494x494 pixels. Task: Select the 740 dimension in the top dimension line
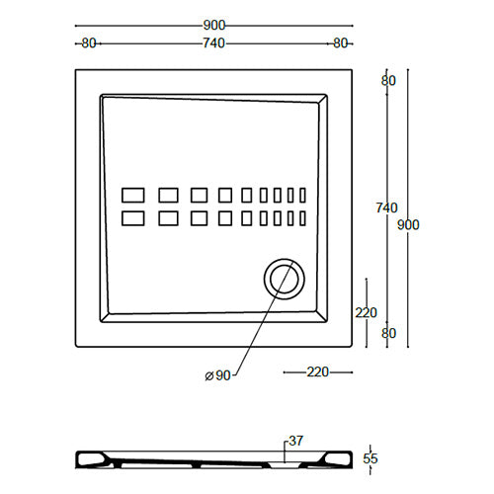[213, 43]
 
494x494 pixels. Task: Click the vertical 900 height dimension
[408, 225]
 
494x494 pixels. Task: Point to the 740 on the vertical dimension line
[386, 208]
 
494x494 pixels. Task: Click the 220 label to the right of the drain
[366, 313]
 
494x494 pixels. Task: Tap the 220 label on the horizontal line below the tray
[318, 372]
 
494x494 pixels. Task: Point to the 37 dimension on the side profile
[295, 441]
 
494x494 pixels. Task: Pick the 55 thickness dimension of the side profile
[370, 459]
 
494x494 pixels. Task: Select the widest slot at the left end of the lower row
[132, 217]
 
